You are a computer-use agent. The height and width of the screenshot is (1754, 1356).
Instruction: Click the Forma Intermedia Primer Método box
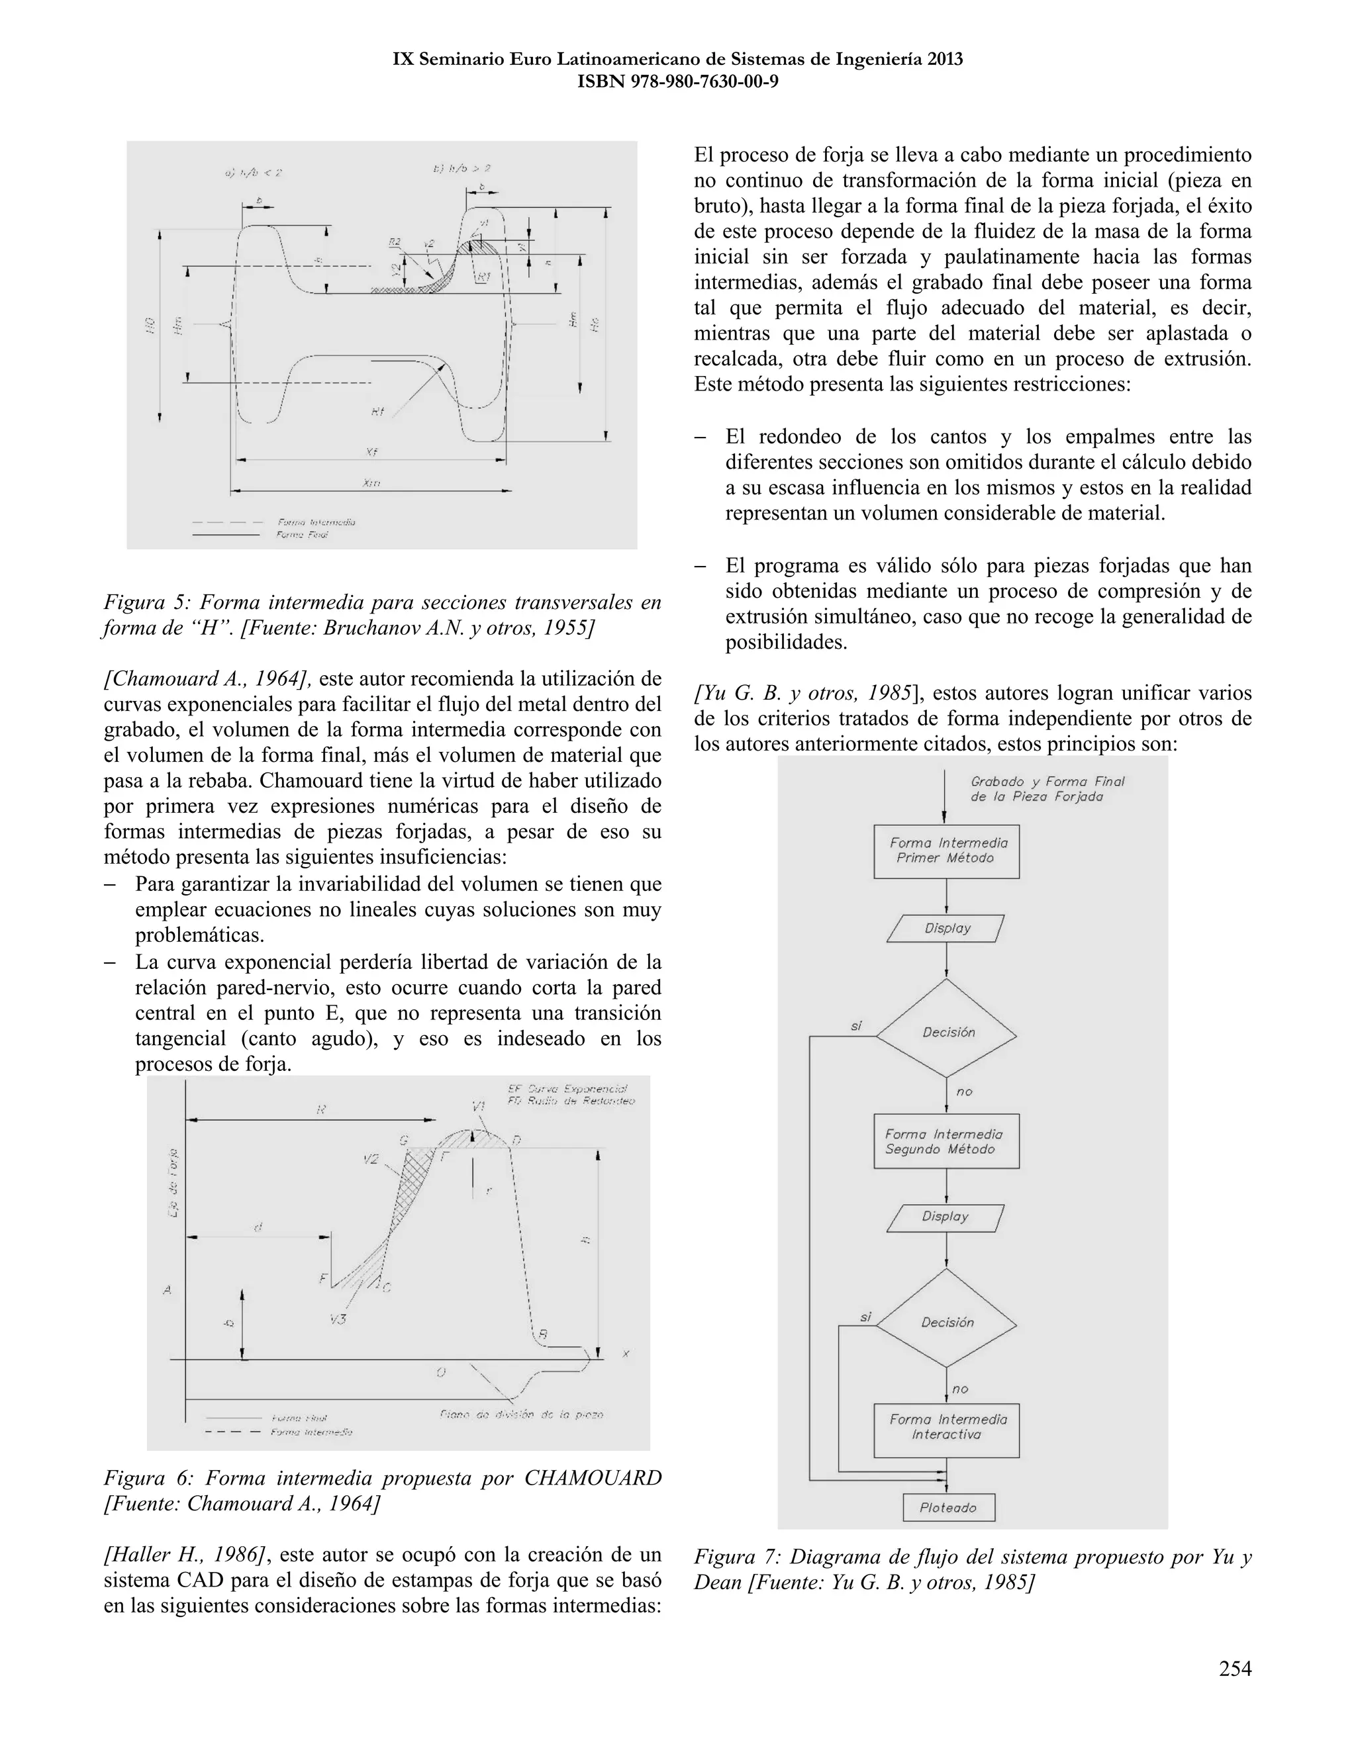point(946,851)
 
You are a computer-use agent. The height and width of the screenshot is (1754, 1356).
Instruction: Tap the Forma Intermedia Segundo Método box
point(945,1141)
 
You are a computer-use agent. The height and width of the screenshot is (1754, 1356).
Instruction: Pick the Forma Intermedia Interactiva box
point(945,1430)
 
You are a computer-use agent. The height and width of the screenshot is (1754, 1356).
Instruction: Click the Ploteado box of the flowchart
point(948,1507)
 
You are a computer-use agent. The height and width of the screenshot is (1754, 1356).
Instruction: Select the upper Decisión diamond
point(946,1032)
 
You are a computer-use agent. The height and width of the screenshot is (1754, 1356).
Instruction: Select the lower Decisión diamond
point(946,1322)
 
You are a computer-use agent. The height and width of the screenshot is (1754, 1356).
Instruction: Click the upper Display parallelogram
point(946,929)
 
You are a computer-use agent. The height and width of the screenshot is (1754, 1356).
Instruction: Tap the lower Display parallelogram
point(945,1217)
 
